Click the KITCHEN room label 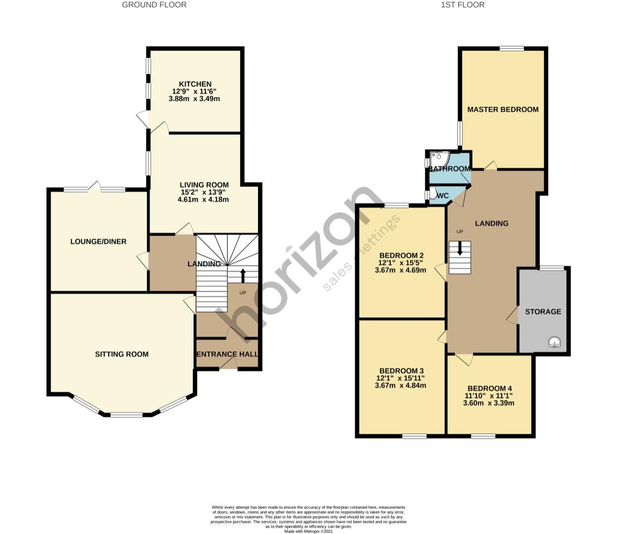pyautogui.click(x=195, y=84)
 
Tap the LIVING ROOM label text pyautogui.click(x=204, y=185)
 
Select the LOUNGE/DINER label pyautogui.click(x=98, y=241)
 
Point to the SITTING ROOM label pyautogui.click(x=122, y=354)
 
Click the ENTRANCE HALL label pyautogui.click(x=228, y=354)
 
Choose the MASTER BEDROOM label pyautogui.click(x=503, y=109)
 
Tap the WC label pyautogui.click(x=443, y=196)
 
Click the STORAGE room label pyautogui.click(x=543, y=311)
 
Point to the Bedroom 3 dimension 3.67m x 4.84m pyautogui.click(x=400, y=385)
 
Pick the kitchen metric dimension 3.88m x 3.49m pyautogui.click(x=194, y=98)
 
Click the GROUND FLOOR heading pyautogui.click(x=154, y=5)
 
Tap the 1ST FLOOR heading pyautogui.click(x=463, y=5)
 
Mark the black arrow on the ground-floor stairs pyautogui.click(x=243, y=275)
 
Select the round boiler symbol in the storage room pyautogui.click(x=554, y=342)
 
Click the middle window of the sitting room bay pyautogui.click(x=127, y=414)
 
